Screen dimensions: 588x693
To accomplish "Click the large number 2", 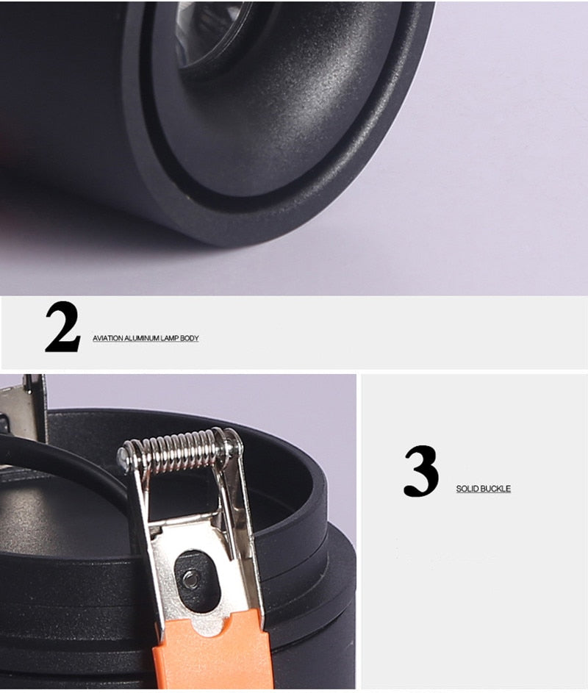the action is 62,326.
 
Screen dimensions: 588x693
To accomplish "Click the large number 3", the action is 421,470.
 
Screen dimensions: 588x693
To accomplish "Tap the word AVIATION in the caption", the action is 108,339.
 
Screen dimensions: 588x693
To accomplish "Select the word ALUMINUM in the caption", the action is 141,339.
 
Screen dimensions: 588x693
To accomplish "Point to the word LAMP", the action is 169,339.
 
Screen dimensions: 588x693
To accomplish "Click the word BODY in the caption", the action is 190,339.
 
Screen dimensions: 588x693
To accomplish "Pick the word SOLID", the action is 467,489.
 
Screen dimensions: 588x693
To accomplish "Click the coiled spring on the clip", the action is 179,450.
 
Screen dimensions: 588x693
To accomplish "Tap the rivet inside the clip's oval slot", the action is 190,577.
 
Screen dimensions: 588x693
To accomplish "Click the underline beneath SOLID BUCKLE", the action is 484,493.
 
